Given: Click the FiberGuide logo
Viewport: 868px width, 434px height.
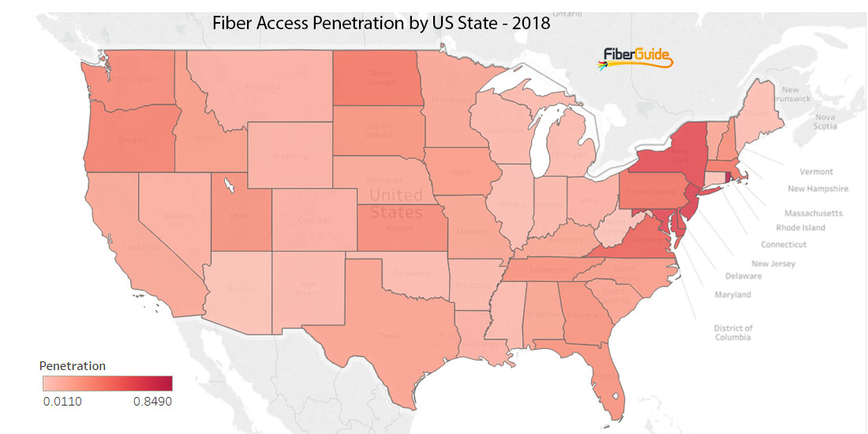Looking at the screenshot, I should click(636, 58).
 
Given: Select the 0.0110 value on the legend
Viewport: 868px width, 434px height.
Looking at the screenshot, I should click(62, 401).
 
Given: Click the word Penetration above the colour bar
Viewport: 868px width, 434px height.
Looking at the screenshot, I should click(73, 366).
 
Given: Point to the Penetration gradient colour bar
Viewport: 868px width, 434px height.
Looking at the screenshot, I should click(107, 383).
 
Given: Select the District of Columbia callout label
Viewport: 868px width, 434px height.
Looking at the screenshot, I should click(733, 332).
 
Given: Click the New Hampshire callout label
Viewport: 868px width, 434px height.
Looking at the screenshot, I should click(818, 189).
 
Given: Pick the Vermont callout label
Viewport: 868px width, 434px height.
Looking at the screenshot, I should click(816, 172).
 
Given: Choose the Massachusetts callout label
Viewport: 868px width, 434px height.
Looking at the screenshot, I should click(813, 213).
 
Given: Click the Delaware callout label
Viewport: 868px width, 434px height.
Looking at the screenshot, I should click(743, 276).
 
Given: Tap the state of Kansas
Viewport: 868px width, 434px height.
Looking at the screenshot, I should click(398, 225).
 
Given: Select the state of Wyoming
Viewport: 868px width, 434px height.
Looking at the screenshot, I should click(290, 156).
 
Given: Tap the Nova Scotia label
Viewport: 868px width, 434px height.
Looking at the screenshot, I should click(825, 122).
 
